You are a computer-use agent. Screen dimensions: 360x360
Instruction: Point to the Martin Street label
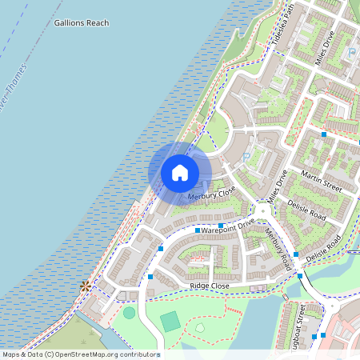coord(322,181)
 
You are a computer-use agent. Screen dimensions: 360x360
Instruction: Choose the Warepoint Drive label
coord(228,226)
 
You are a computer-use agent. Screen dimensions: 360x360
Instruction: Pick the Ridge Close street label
coord(210,286)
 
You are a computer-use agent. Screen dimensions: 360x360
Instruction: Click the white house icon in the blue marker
coord(180,173)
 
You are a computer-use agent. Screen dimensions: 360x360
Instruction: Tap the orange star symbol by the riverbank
coord(85,285)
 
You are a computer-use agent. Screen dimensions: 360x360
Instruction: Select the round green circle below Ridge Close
coord(129,312)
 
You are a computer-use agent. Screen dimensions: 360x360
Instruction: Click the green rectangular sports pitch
coord(170,322)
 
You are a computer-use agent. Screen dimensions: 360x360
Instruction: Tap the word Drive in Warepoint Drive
coord(245,222)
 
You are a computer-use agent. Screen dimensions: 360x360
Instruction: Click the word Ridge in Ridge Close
coord(199,286)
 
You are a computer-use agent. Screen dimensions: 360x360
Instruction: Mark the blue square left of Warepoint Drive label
coord(198,230)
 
